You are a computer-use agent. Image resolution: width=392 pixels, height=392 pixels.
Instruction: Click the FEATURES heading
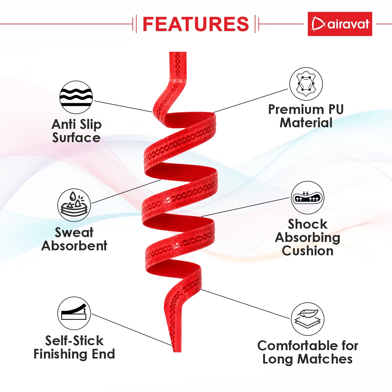click(x=196, y=24)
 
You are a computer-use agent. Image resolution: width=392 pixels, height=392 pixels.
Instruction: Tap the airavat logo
click(x=340, y=24)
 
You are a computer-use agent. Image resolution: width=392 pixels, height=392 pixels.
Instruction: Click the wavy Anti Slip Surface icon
click(x=76, y=97)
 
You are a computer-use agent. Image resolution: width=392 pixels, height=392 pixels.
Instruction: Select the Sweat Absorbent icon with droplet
click(x=74, y=205)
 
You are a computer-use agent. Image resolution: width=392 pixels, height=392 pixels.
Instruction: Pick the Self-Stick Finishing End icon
click(x=74, y=313)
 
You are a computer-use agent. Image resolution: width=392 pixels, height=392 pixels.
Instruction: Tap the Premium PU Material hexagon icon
click(x=306, y=84)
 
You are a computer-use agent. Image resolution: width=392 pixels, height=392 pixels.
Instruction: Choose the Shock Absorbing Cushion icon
click(x=307, y=198)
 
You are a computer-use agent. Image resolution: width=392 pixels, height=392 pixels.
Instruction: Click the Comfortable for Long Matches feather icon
click(x=308, y=319)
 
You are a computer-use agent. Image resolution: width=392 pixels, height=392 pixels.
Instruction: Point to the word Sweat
click(x=74, y=232)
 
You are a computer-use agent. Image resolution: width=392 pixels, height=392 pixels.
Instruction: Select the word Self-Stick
click(x=74, y=341)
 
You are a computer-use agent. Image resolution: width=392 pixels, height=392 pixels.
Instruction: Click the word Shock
click(x=308, y=224)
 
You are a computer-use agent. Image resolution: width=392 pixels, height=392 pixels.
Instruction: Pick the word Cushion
click(x=308, y=251)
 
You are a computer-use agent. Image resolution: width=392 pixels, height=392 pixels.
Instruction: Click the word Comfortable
click(x=298, y=346)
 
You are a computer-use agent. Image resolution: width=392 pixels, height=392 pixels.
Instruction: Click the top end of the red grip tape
click(x=178, y=53)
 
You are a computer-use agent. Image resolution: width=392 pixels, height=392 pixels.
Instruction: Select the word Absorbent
click(x=74, y=246)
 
